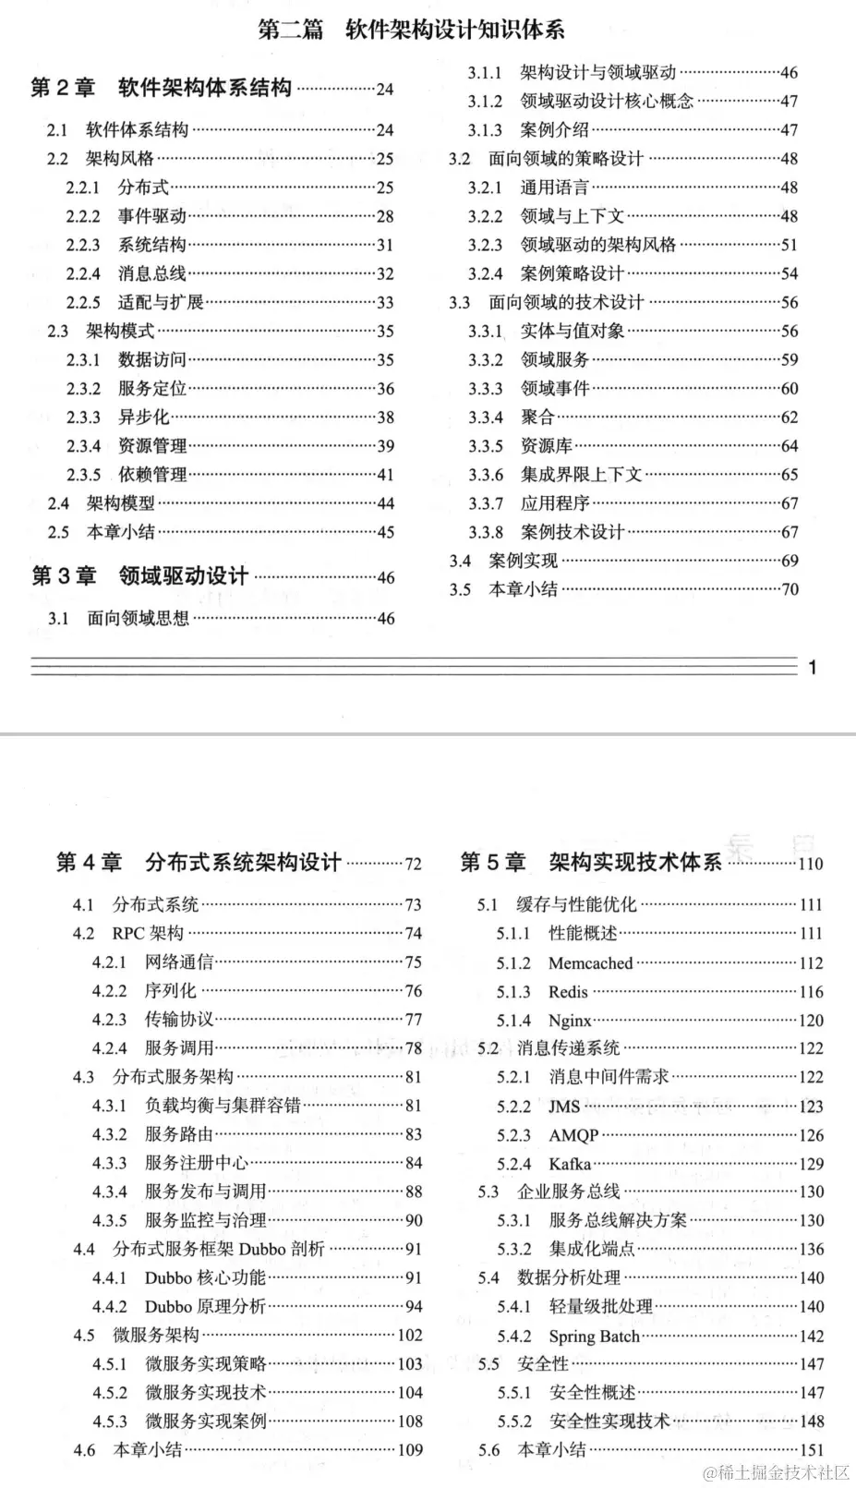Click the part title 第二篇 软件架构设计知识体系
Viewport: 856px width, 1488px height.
(411, 30)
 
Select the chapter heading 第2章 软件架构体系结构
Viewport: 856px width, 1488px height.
(161, 88)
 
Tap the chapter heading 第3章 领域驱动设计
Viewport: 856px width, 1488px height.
(140, 576)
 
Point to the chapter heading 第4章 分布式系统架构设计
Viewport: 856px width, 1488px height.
(199, 863)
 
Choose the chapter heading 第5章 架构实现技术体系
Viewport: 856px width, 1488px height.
(591, 863)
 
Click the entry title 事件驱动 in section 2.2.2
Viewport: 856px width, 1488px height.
(152, 216)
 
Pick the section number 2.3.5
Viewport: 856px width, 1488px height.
(83, 475)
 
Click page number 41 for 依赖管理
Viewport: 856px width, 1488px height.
(384, 475)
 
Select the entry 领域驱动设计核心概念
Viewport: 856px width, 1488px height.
(607, 102)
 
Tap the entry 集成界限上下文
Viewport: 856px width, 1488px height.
(581, 475)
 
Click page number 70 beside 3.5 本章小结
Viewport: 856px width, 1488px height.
(790, 589)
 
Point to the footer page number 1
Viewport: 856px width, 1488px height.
(813, 667)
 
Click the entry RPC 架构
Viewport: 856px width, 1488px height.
(148, 934)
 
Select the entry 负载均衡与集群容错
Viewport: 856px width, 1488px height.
(223, 1106)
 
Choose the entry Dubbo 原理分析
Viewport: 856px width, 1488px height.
(205, 1306)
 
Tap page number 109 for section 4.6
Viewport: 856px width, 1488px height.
(409, 1450)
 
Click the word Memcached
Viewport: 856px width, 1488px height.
(590, 963)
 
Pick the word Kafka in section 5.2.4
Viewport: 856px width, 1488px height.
(570, 1164)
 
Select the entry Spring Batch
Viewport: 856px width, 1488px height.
(594, 1337)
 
